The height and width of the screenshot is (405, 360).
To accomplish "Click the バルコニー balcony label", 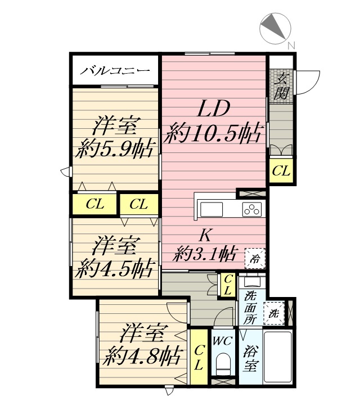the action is click(x=115, y=70).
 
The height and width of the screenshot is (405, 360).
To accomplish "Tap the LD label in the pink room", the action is click(x=214, y=109).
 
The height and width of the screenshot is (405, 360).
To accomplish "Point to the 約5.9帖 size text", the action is click(x=115, y=148).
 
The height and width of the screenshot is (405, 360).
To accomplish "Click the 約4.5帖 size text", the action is click(x=115, y=269).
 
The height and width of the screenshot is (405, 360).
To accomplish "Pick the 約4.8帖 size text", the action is click(x=143, y=357).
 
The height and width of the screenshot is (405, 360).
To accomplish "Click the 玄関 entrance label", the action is click(x=281, y=87).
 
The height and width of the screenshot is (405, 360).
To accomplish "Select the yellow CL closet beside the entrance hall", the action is click(x=281, y=171).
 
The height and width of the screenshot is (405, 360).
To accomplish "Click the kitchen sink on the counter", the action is click(x=211, y=209).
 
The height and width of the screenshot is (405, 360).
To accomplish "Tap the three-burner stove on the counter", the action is click(x=252, y=209).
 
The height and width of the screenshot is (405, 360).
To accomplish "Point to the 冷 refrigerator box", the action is click(x=255, y=259).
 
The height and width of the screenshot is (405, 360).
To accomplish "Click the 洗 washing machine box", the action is click(x=274, y=313).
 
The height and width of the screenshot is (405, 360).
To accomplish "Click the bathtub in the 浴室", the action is click(x=278, y=357).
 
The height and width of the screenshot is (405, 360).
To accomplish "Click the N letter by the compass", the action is click(x=291, y=46).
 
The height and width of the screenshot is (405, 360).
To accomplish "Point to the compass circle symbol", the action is click(x=275, y=28).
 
